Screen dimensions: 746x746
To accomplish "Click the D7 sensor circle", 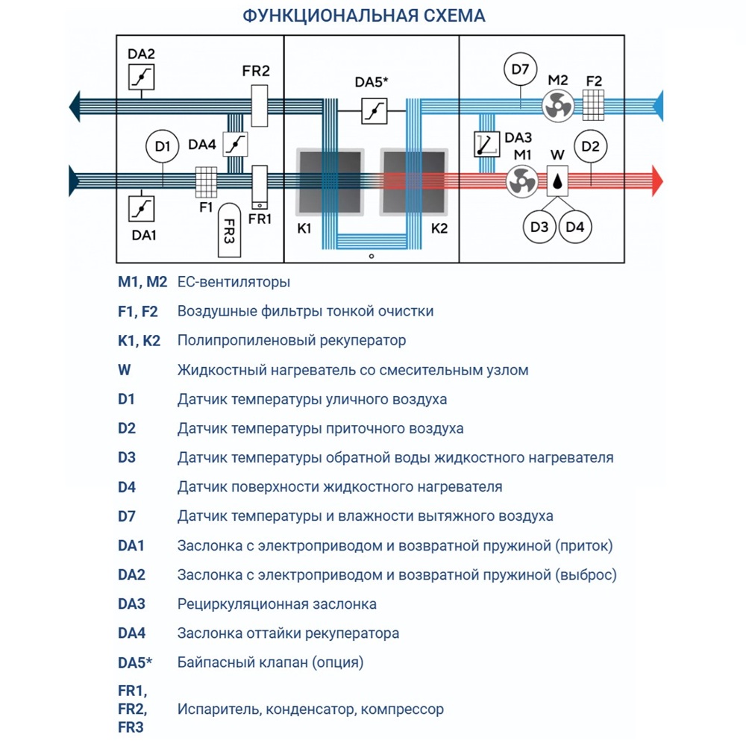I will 520,70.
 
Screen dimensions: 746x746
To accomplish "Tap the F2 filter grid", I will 594,106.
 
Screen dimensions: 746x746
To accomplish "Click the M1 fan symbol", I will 521,181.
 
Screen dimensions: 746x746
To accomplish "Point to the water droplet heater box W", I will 557,181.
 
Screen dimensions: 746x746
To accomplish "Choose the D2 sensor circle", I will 590,146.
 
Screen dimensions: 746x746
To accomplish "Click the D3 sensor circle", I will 539,227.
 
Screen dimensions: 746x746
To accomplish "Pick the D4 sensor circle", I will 574,227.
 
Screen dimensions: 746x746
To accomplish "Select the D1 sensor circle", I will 163,146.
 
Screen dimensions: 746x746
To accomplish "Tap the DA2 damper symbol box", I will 140,77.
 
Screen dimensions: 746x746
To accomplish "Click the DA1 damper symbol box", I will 140,209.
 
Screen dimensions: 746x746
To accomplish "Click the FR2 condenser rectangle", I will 259,106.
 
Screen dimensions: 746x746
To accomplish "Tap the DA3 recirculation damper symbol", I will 488,144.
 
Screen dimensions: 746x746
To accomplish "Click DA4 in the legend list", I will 132,633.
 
